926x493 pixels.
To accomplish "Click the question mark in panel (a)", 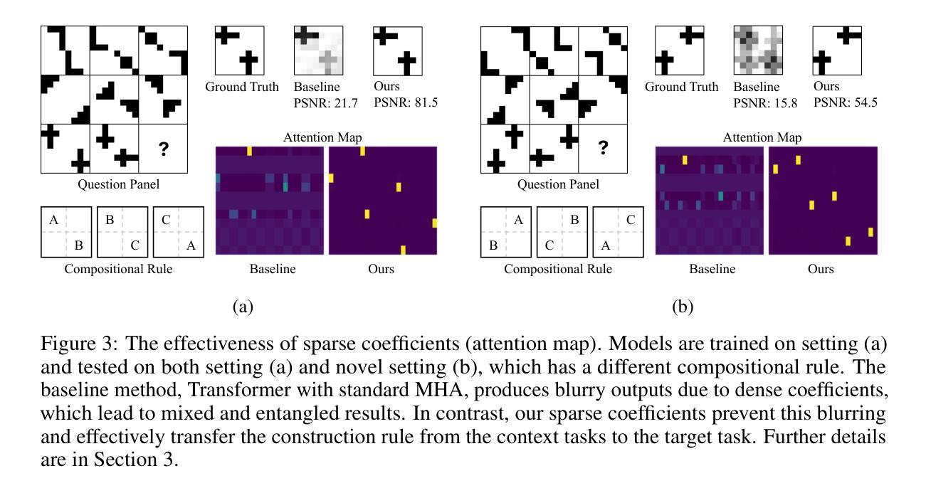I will (163, 148).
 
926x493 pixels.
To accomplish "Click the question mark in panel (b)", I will (603, 148).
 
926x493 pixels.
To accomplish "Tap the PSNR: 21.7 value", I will (318, 102).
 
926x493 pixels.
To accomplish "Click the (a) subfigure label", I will (243, 307).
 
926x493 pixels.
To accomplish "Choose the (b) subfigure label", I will (683, 307).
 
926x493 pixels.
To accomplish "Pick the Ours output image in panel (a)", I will (398, 51).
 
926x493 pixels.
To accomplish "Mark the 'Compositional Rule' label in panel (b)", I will (558, 270).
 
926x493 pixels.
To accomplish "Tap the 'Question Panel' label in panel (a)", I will (118, 185).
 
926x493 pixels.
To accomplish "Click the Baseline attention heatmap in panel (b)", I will (710, 200).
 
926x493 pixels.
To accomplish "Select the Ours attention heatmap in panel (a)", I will (383, 200).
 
